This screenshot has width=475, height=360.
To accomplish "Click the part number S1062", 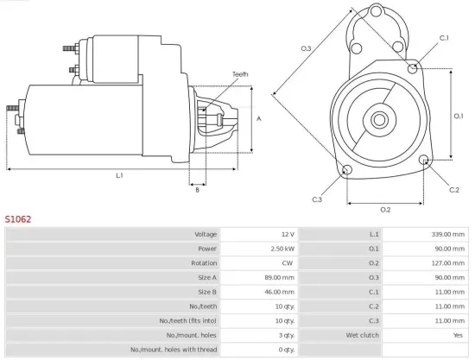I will [18, 219].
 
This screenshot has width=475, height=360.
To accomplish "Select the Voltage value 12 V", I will [287, 234].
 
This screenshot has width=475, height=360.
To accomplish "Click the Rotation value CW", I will [288, 262].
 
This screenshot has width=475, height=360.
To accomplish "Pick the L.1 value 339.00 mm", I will [446, 234].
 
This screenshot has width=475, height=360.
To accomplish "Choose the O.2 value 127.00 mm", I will [446, 262].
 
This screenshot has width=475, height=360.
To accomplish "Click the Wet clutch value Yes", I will [456, 334].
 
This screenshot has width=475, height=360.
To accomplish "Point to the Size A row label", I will [205, 277].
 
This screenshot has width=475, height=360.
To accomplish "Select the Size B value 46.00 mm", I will [278, 291].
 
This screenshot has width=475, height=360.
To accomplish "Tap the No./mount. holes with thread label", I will [174, 349].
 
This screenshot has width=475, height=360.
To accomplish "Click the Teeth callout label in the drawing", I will [240, 74].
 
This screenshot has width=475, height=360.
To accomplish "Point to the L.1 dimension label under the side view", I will [119, 175].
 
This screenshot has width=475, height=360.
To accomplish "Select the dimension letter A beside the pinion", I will [259, 118].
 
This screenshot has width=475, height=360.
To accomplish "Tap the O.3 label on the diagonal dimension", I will [306, 48].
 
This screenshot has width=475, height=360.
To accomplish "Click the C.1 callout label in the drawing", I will [444, 38].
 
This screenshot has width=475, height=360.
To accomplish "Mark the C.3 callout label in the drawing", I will [317, 199].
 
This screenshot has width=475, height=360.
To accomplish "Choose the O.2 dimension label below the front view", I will [385, 210].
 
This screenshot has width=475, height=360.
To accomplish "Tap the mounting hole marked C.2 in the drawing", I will [424, 161].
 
